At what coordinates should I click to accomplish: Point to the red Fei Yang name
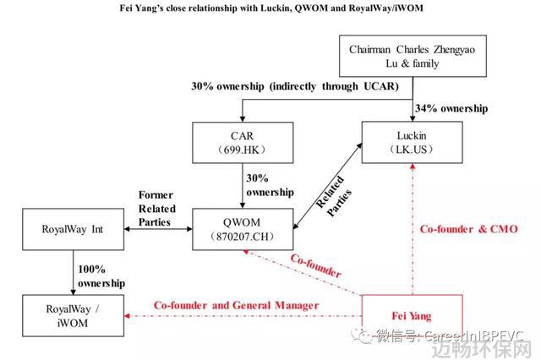coord(412,316)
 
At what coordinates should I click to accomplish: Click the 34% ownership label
coord(451,108)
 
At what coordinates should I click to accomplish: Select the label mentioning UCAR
coord(295,86)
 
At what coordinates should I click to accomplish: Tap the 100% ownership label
coord(101,276)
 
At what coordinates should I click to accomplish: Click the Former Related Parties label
coord(157,209)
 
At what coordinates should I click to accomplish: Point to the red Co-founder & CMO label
coord(469,229)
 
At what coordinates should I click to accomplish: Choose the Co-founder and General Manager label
coord(237,305)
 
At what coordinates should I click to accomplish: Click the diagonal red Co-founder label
coord(316,265)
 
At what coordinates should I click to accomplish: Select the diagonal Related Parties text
coord(334,196)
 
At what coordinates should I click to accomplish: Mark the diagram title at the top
coord(271,8)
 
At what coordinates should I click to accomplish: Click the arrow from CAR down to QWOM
coord(243,186)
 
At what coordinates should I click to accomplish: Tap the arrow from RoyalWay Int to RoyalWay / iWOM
coord(74,272)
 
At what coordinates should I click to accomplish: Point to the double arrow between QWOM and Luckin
coord(327,186)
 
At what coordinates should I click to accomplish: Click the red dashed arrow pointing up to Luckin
coord(413,229)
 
